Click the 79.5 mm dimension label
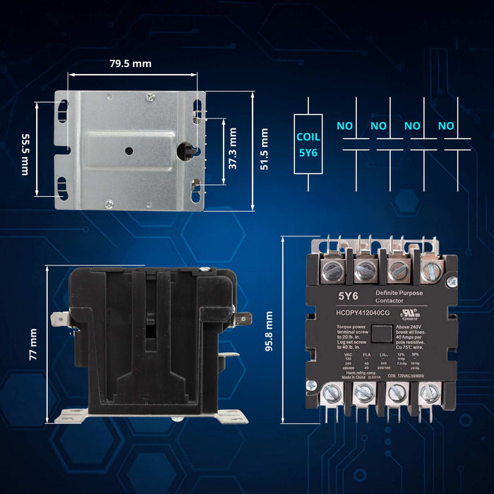pyautogui.click(x=131, y=64)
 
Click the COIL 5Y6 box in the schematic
pyautogui.click(x=308, y=144)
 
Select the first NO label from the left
pyautogui.click(x=344, y=126)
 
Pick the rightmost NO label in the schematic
pyautogui.click(x=445, y=126)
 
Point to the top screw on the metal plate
pyautogui.click(x=150, y=97)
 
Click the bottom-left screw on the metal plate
pyautogui.click(x=109, y=204)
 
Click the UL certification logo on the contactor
pyautogui.click(x=409, y=312)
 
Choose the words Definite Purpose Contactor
pyautogui.click(x=400, y=296)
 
